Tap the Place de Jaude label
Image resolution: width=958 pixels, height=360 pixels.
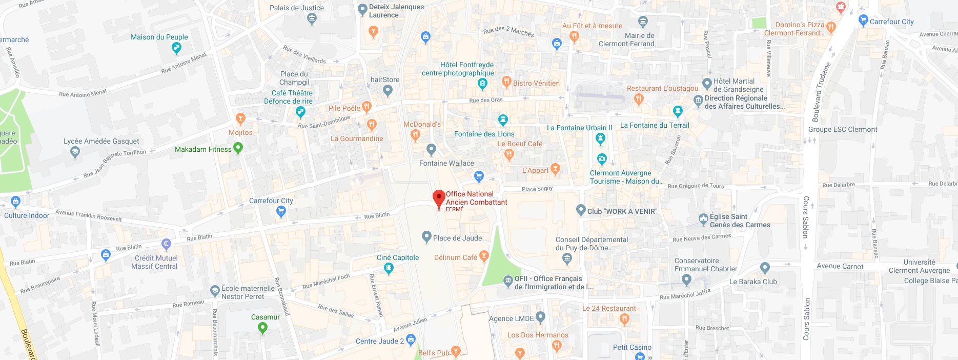tap(457, 238)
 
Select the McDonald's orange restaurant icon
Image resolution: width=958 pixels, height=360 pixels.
tap(415, 135)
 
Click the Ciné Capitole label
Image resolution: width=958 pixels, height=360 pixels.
tap(398, 257)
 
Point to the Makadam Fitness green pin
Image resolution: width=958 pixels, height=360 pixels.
tap(238, 148)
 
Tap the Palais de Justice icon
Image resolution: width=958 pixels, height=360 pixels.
tap(312, 19)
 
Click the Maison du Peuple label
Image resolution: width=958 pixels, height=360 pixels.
tap(159, 37)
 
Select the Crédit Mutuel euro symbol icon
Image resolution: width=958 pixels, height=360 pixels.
tap(166, 244)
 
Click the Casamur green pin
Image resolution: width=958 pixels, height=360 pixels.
tap(262, 327)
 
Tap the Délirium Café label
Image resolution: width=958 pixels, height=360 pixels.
tap(455, 257)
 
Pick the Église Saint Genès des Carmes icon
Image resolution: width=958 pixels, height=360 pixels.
tap(703, 219)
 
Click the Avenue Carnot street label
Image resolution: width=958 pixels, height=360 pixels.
tap(840, 266)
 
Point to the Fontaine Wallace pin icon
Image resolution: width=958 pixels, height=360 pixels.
tap(431, 149)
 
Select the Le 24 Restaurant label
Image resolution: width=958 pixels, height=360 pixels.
tap(609, 308)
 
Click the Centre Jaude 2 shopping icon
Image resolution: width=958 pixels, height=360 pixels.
tap(411, 339)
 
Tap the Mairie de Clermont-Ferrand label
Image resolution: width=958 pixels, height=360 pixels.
tap(626, 39)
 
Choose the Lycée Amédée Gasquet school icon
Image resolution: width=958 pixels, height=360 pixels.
tap(75, 152)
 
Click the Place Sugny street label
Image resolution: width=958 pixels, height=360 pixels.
tap(537, 189)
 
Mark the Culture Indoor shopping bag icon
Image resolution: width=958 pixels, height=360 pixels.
tap(15, 202)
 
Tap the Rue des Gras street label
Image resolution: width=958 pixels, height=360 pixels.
tap(486, 100)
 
